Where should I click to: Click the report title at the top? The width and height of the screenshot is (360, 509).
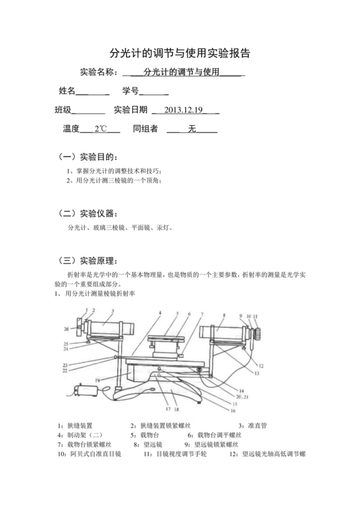point(180,52)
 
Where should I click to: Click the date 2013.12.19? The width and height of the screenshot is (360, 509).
point(183,110)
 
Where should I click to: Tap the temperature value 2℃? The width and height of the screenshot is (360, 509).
point(101,129)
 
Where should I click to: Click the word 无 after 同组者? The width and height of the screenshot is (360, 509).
point(191,129)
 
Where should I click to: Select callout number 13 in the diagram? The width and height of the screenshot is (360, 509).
point(255,371)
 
